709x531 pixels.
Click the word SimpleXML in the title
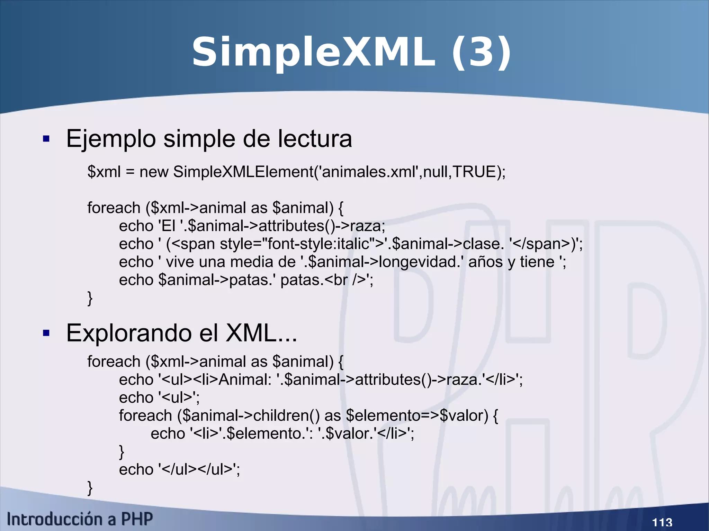point(313,53)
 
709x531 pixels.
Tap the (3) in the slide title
point(481,53)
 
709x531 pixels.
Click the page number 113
point(662,522)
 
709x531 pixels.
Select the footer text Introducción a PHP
point(80,519)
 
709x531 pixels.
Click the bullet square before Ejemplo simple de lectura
point(46,139)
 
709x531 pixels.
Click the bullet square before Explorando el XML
point(46,333)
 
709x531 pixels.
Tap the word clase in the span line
point(482,244)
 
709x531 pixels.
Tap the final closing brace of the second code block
point(90,488)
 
